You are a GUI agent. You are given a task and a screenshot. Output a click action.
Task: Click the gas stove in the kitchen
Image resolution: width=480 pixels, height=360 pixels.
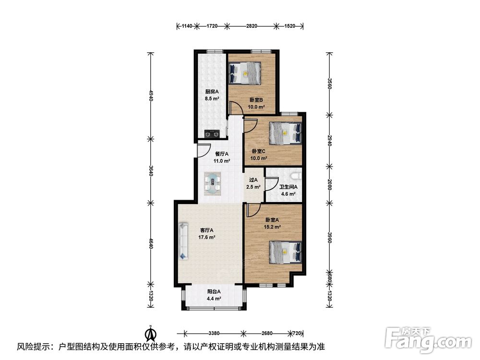212,134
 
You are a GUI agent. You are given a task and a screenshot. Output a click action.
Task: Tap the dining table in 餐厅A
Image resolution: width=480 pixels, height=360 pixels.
213,184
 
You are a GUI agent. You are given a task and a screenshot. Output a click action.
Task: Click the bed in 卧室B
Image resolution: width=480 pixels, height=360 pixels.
245,73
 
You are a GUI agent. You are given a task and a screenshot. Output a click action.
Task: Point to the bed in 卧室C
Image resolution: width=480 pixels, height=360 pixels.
286,133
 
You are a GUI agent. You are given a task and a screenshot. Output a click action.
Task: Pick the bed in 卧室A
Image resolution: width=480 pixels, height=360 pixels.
286,252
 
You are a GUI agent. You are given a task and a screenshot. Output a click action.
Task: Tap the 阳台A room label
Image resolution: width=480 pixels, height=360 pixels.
214,292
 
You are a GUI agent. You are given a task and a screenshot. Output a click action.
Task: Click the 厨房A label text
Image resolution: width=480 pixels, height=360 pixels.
212,92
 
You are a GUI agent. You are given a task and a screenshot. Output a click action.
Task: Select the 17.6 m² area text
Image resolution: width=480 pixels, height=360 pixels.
207,237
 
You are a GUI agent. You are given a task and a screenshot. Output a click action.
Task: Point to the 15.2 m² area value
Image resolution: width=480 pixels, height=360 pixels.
273,227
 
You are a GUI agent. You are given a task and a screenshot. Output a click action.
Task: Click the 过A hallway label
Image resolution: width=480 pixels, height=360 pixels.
253,180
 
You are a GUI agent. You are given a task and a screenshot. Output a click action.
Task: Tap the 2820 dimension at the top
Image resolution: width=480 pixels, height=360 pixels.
252,26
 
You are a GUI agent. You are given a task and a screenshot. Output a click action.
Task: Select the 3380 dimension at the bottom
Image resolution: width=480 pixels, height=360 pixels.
214,333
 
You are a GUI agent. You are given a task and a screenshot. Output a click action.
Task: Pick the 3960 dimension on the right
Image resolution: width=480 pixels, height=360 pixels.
329,237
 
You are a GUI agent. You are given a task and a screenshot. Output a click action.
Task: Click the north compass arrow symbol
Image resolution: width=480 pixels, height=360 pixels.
150,334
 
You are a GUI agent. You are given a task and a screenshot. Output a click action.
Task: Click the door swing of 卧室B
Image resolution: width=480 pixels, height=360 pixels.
236,108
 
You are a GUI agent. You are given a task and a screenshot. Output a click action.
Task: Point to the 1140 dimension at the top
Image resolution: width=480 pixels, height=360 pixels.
187,26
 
